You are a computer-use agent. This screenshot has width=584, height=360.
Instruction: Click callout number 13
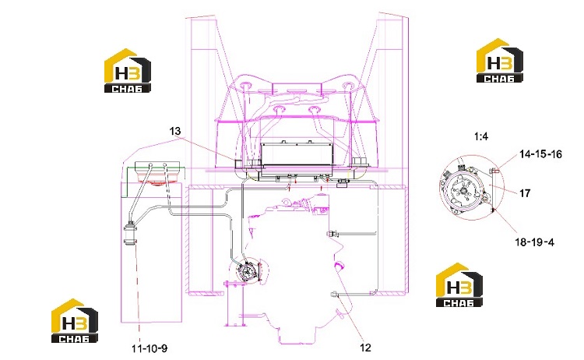[x=174, y=131]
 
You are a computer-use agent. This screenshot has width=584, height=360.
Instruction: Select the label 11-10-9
[x=150, y=348]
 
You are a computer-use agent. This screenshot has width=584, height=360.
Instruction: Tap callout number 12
[x=365, y=348]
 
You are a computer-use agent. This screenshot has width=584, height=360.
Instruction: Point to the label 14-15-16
[x=540, y=154]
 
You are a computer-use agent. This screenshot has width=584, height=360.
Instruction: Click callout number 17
[x=524, y=193]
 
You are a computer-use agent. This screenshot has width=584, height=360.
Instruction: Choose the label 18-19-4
[x=534, y=242]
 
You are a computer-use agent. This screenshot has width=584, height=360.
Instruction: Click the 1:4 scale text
[x=481, y=137]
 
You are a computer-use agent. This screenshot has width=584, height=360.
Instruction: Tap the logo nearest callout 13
[x=128, y=70]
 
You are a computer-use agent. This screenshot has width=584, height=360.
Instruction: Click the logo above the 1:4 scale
[x=500, y=60]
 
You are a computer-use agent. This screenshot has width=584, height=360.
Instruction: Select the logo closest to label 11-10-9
[x=75, y=320]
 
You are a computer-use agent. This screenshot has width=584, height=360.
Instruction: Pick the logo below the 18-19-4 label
[x=459, y=285]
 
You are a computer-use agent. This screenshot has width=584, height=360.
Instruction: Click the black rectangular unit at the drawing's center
[x=297, y=154]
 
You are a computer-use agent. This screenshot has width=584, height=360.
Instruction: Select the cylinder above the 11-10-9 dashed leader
[x=131, y=234]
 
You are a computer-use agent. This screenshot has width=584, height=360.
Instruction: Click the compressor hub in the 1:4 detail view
[x=463, y=190]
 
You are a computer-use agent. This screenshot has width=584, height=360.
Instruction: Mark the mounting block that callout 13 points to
[x=239, y=164]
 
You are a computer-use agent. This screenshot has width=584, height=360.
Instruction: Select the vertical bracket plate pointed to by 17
[x=491, y=189]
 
